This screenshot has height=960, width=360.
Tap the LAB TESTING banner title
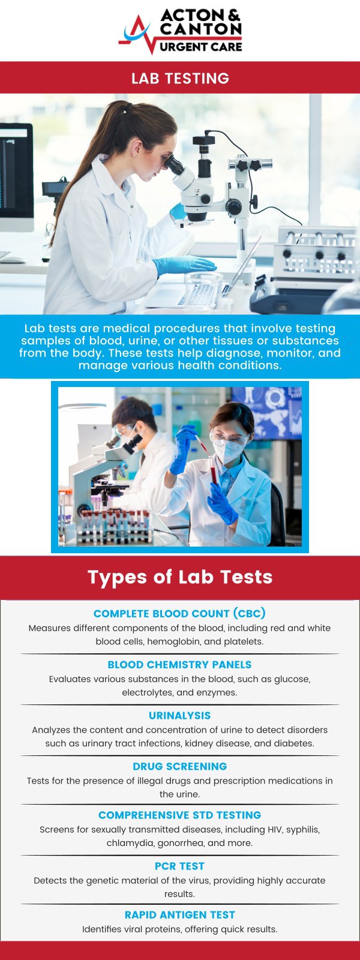180,78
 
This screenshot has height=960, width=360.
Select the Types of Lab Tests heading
180,577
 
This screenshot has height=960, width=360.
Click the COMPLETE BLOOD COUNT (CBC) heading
179,613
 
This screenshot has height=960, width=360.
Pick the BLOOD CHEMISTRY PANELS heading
179,665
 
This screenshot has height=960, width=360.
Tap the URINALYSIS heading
179,716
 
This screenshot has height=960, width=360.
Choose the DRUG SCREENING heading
179,766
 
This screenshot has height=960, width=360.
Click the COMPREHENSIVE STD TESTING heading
179,815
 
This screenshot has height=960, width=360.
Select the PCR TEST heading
179,866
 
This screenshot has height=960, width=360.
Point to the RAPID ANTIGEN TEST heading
179,915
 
